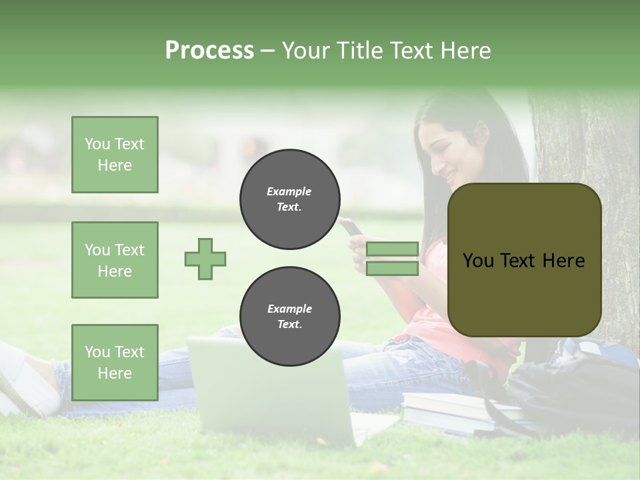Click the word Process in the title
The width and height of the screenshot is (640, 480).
tap(209, 51)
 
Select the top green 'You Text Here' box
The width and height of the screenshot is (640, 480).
tap(115, 155)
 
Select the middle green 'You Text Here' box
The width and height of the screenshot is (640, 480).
tap(115, 260)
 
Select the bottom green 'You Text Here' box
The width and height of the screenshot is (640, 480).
tap(115, 362)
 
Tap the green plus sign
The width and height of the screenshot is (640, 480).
tap(205, 259)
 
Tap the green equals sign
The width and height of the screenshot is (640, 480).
tap(392, 259)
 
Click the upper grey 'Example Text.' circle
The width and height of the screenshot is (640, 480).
tap(289, 199)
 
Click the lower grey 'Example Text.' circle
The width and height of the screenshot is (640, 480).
tap(289, 316)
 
